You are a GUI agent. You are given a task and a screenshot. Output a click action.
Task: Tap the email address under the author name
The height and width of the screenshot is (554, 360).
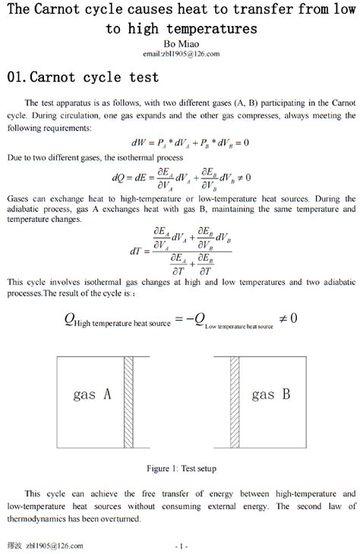[x=181, y=54]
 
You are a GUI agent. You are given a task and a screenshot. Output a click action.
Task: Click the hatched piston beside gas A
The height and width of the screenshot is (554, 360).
[x=128, y=395]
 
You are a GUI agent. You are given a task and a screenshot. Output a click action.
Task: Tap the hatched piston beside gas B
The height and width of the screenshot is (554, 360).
[x=235, y=395]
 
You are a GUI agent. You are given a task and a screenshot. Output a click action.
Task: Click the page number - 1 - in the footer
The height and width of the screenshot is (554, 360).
[x=181, y=546]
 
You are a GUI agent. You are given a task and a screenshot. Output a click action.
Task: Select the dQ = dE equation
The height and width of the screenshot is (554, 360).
[x=181, y=178]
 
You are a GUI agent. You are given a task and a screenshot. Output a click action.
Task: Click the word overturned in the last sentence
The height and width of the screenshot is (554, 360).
[x=117, y=519]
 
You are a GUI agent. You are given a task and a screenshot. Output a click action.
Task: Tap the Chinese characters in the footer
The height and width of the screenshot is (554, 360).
[x=14, y=546]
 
